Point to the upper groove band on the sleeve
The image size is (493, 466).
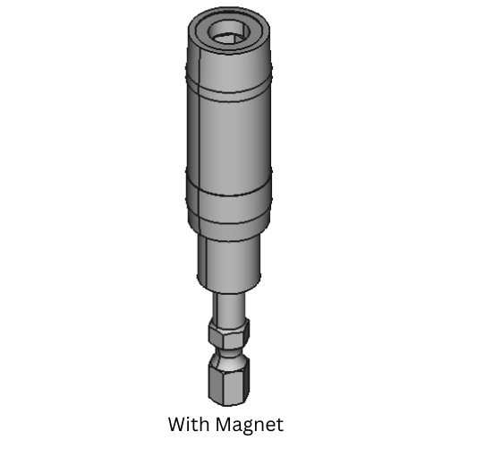pyautogui.click(x=227, y=87)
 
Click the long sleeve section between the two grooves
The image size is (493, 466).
pyautogui.click(x=227, y=134)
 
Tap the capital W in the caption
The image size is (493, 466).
pyautogui.click(x=176, y=423)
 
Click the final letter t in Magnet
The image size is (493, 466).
pyautogui.click(x=279, y=423)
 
